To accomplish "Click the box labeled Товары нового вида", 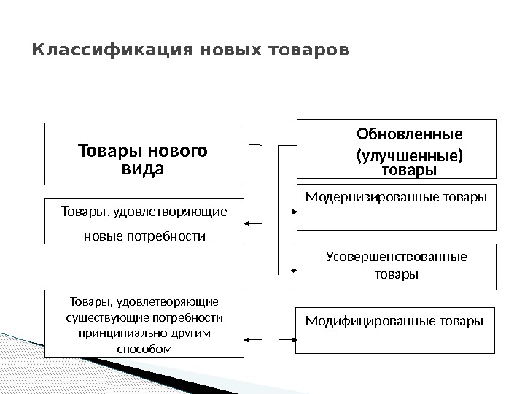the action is [x=144, y=153].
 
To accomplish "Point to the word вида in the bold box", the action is [x=142, y=169].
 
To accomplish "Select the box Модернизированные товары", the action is [x=395, y=208].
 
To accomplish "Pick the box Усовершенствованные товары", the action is [x=395, y=266].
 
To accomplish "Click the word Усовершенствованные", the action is [x=395, y=257].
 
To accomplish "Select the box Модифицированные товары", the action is [x=395, y=331].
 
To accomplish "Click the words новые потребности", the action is [x=144, y=236].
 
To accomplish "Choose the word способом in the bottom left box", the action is [x=144, y=348].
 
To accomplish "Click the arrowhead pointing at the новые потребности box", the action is [x=249, y=222].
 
